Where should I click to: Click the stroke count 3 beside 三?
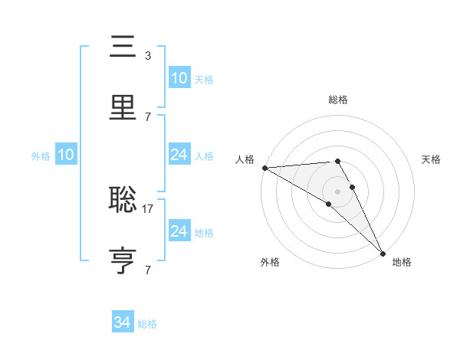147,55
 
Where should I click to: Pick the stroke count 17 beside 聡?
148,208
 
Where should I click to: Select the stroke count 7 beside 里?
147,116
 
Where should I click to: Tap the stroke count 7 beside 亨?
147,270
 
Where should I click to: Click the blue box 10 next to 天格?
179,78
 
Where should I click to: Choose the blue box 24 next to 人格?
179,155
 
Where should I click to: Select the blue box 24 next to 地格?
179,231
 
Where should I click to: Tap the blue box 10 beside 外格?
65,155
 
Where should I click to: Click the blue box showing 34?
122,322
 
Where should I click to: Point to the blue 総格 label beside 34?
147,324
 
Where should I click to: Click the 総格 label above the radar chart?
338,100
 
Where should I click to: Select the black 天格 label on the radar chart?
431,159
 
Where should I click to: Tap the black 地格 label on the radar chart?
402,262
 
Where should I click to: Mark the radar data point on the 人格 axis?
264,168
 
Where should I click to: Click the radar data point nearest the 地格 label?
383,253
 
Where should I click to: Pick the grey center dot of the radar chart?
338,191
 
